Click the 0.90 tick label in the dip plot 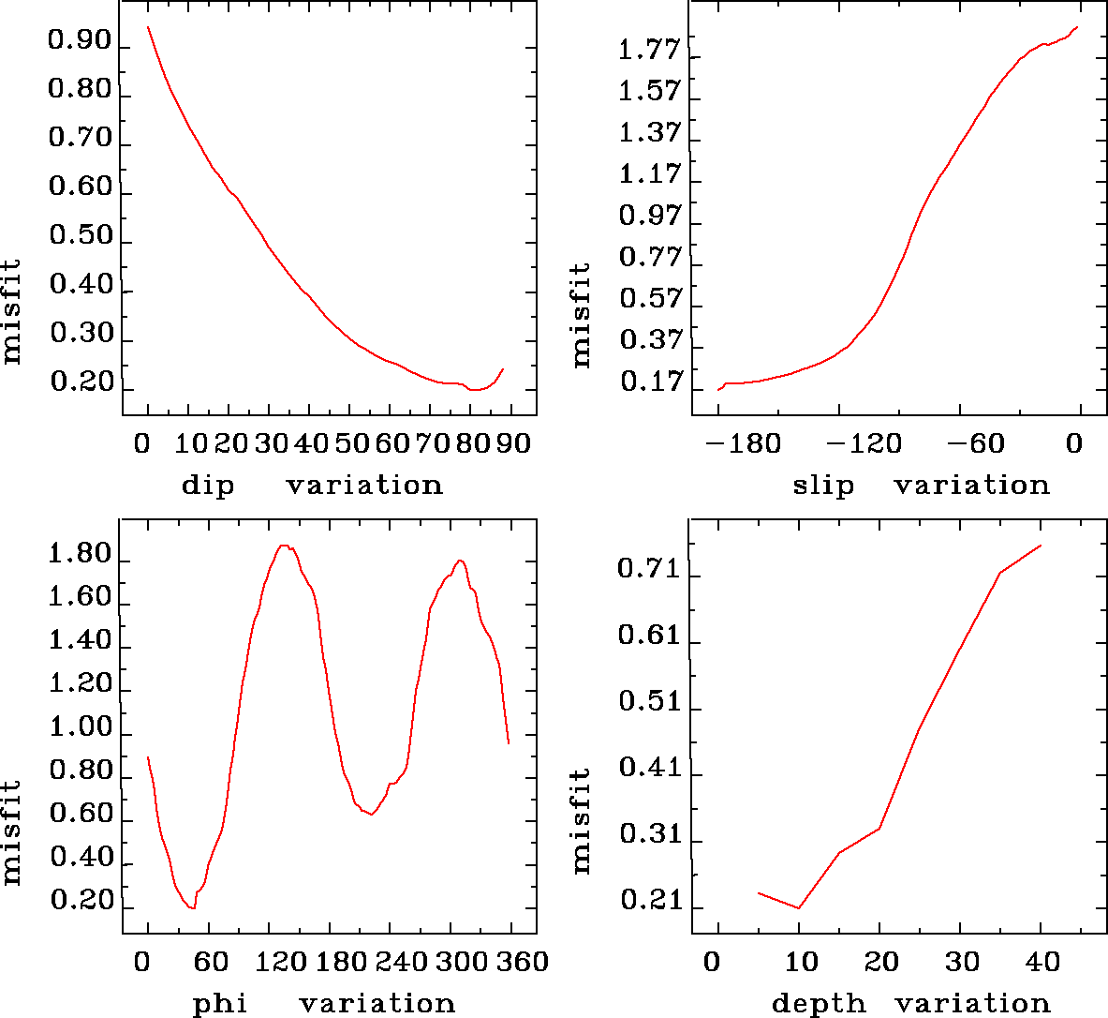coord(80,42)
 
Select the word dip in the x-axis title coord(208,486)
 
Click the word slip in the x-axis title coord(823,486)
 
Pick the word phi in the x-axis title coord(220,1004)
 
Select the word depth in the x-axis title coord(819,1004)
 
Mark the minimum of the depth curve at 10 coord(799,908)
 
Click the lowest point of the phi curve coord(192,908)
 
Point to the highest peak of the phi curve coord(283,546)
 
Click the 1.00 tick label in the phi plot coord(80,727)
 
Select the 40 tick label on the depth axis coord(1042,962)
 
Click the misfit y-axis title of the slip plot coord(582,314)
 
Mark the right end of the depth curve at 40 coord(1041,546)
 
